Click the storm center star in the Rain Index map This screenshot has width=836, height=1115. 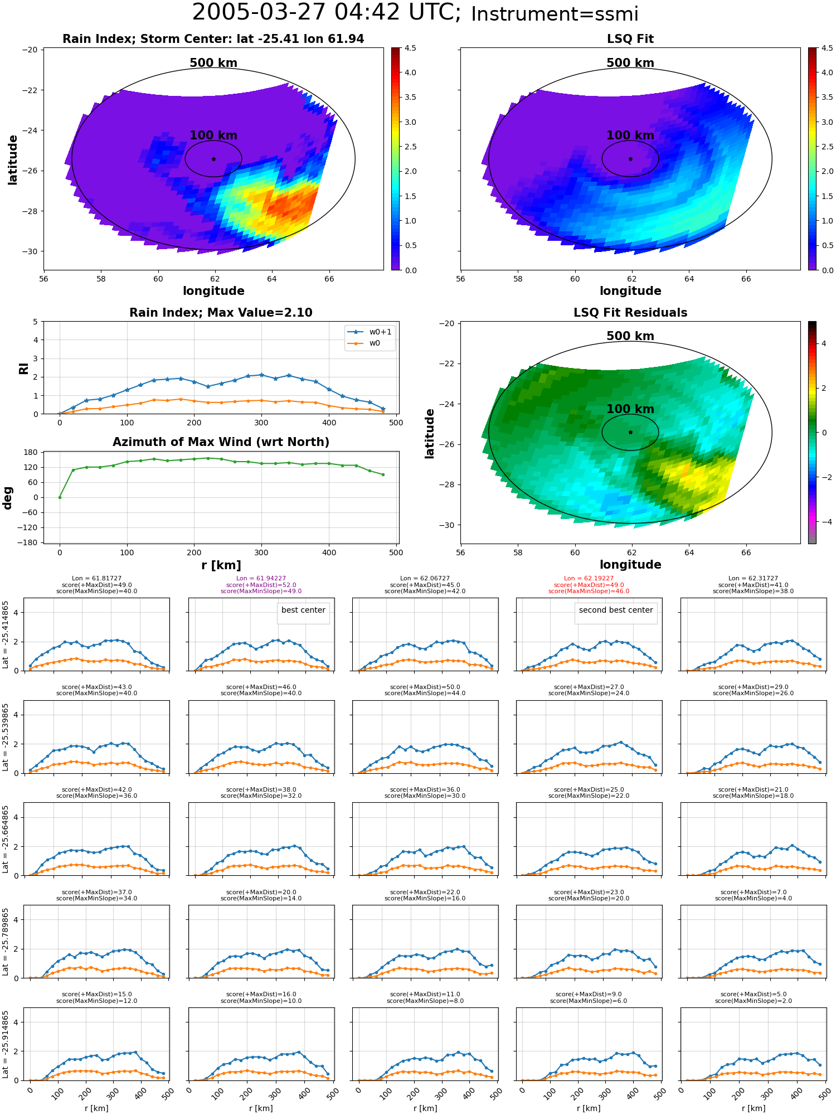coord(213,159)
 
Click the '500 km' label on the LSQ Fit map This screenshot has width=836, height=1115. coord(630,63)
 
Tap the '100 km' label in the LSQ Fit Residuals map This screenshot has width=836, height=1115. coord(630,409)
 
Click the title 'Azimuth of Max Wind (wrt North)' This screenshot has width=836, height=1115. coord(221,442)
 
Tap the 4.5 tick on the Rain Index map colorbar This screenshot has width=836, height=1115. coord(410,49)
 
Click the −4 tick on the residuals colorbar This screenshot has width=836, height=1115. coord(823,522)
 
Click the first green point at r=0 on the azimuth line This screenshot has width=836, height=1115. coord(60,497)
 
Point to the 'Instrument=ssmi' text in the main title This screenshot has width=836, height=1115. coord(555,14)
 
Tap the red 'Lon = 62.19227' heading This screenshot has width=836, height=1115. coord(589,579)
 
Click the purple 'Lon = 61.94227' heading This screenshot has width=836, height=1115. coord(261,579)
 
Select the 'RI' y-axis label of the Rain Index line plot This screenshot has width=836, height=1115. coord(23,369)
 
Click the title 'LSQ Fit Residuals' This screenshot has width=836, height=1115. coord(630,313)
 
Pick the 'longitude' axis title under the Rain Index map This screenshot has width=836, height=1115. coord(213,291)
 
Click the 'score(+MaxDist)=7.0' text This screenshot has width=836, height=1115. coord(754,892)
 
